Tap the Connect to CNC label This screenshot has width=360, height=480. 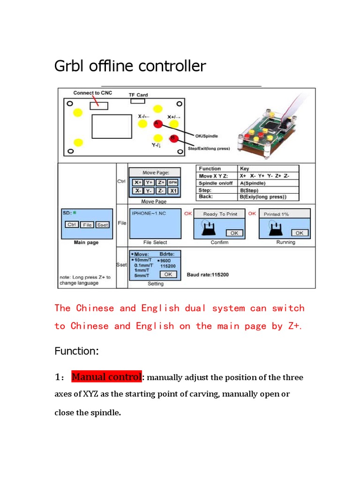tap(93, 93)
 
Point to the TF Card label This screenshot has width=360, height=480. tap(138, 95)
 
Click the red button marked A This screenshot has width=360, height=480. tap(157, 123)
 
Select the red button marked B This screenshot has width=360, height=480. tap(173, 138)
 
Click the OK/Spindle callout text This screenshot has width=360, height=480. tap(206, 136)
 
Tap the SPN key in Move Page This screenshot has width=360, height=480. tap(173, 182)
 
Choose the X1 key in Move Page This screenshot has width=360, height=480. tap(173, 191)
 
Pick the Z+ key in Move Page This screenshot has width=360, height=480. tap(161, 182)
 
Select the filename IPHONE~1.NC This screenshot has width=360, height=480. tap(149, 213)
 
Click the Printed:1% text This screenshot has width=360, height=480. tap(277, 214)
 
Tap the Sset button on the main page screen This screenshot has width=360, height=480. tap(102, 225)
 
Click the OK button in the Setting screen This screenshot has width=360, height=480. tap(168, 274)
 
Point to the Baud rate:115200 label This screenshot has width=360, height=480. tap(208, 275)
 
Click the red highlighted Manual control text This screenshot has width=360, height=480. tap(106, 377)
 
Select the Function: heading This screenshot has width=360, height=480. tap(76, 351)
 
